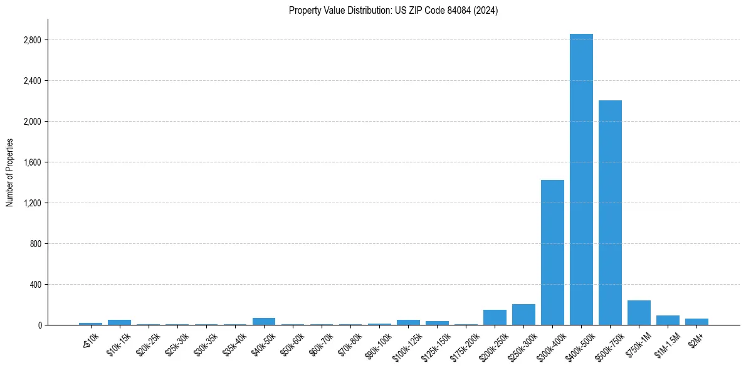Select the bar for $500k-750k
(610, 213)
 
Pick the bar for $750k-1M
(639, 313)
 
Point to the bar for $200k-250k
(495, 317)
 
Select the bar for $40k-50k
(264, 321)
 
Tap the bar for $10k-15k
(119, 322)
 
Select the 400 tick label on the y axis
(35, 285)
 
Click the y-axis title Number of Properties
(10, 172)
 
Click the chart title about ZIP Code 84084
(393, 11)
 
